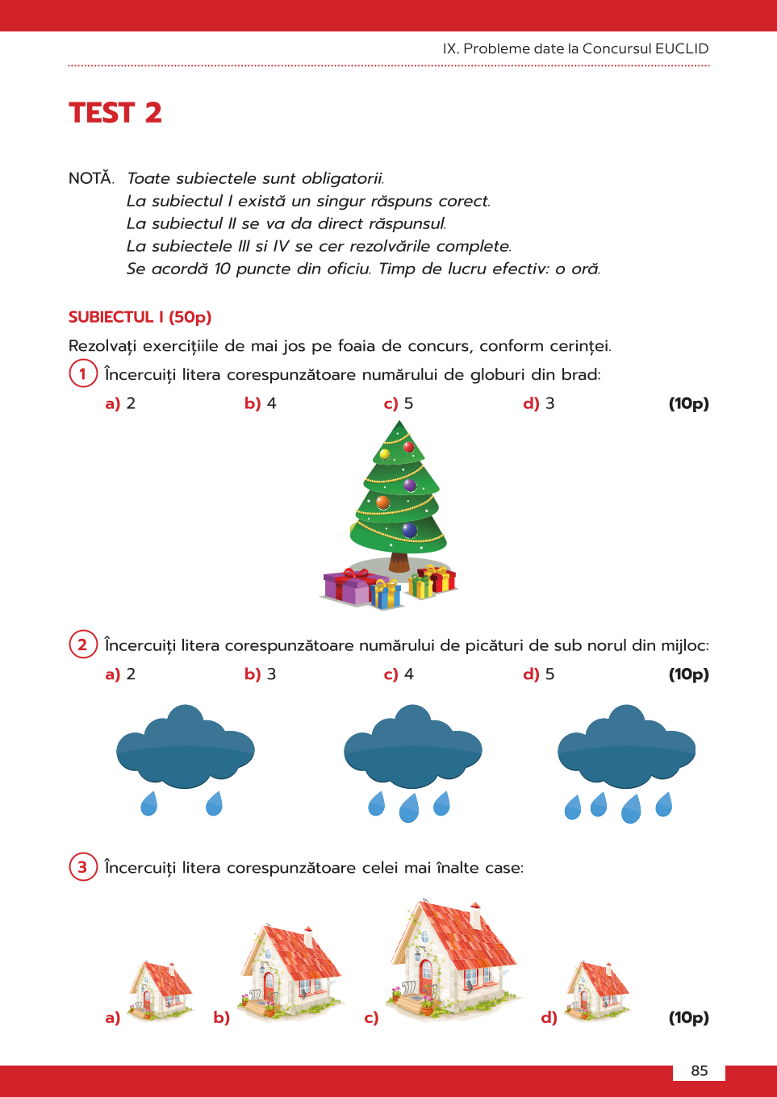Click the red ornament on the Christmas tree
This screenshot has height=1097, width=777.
[x=408, y=447]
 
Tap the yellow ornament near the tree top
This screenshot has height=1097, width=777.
[x=385, y=454]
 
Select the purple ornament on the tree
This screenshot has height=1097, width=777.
[x=410, y=485]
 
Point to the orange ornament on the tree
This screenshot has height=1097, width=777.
[x=383, y=503]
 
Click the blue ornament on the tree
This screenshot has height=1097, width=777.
[x=410, y=530]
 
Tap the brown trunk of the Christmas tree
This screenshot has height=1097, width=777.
[x=399, y=561]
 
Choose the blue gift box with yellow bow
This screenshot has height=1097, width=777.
[x=386, y=594]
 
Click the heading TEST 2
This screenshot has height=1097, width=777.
[x=115, y=113]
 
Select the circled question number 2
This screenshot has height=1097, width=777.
[x=82, y=644]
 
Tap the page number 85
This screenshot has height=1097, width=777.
[x=700, y=1070]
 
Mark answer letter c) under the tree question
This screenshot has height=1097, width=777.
[x=391, y=403]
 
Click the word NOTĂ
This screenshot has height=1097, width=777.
[x=91, y=178]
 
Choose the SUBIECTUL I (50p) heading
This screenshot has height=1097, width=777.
[x=140, y=317]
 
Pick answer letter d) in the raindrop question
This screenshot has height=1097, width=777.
[x=531, y=674]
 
